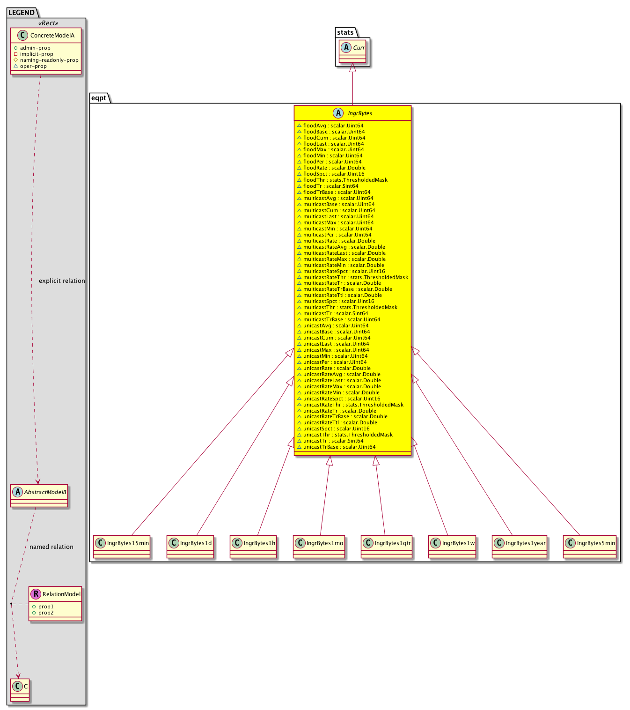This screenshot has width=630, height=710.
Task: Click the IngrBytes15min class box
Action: (x=122, y=547)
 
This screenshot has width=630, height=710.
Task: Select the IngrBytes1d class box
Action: (x=190, y=547)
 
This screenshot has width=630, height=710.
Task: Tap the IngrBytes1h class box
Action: (x=253, y=547)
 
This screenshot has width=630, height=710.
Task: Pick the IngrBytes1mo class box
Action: (x=319, y=547)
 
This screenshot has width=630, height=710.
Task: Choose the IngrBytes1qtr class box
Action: (x=386, y=547)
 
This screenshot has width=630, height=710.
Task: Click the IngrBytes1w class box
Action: (x=452, y=547)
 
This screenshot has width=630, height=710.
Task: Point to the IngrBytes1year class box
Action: (x=519, y=547)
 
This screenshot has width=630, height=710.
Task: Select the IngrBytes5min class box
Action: (x=589, y=547)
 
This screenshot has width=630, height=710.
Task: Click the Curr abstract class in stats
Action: (x=352, y=51)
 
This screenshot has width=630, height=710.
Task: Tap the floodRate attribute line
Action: (x=331, y=168)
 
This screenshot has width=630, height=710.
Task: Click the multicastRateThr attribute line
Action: (x=352, y=277)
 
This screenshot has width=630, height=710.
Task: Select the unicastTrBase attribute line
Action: (x=336, y=447)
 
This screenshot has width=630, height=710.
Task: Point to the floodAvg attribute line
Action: (x=330, y=126)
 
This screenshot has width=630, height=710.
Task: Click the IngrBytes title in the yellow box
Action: (x=360, y=113)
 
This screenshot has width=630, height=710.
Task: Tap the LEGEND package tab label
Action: (x=22, y=13)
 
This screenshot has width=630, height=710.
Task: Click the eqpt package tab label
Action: (x=98, y=98)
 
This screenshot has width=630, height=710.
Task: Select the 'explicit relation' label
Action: (x=62, y=281)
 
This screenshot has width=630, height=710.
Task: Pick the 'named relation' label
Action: (x=51, y=547)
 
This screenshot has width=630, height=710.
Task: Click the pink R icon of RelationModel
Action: (x=36, y=594)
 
